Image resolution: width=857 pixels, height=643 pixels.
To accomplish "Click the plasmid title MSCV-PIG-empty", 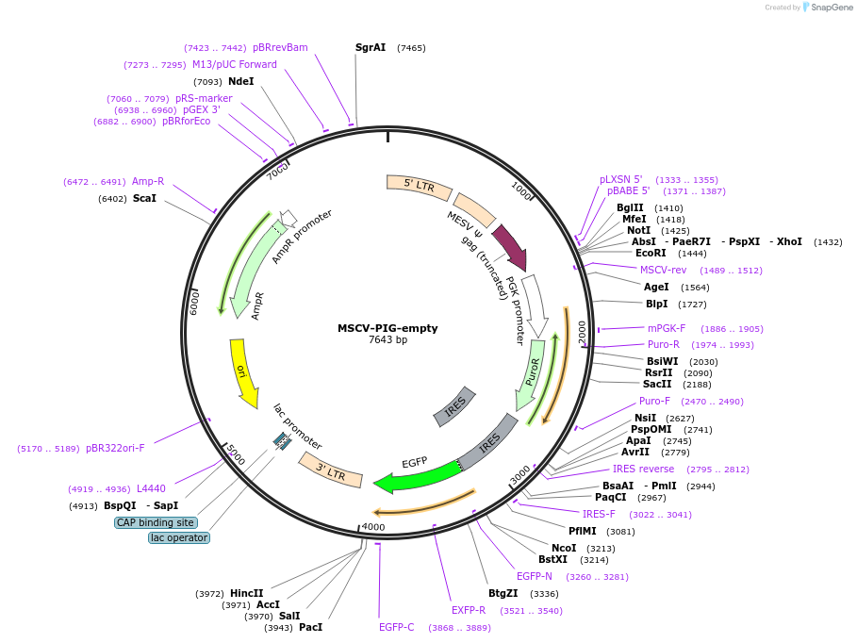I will pyautogui.click(x=387, y=328).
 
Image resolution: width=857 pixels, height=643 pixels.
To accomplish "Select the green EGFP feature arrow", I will pyautogui.click(x=416, y=477).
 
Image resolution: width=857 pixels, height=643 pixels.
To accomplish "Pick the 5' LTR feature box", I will pyautogui.click(x=411, y=185).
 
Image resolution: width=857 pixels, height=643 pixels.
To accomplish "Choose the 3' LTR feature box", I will pyautogui.click(x=331, y=469).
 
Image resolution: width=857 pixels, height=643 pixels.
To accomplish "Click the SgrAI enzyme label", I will pyautogui.click(x=371, y=47).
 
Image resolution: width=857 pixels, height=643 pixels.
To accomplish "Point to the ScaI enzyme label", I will pyautogui.click(x=144, y=198).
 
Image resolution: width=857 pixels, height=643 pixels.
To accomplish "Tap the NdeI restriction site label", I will pyautogui.click(x=241, y=81).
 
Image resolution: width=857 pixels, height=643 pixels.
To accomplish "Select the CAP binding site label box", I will pyautogui.click(x=156, y=522).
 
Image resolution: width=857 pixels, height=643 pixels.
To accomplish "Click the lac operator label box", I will pyautogui.click(x=179, y=538).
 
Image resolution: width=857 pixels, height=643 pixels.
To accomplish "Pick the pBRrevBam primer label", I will pyautogui.click(x=280, y=47).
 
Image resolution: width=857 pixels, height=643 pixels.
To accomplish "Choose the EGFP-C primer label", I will pyautogui.click(x=396, y=627).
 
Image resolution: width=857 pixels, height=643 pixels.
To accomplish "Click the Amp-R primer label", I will pyautogui.click(x=148, y=181).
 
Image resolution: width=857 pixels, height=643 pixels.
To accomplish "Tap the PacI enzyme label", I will pyautogui.click(x=310, y=627).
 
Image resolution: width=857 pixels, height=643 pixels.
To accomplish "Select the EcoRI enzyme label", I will pyautogui.click(x=651, y=253).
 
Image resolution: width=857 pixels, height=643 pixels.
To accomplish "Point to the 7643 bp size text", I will pyautogui.click(x=387, y=340).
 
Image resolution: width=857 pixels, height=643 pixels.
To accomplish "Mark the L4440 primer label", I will pyautogui.click(x=151, y=488).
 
